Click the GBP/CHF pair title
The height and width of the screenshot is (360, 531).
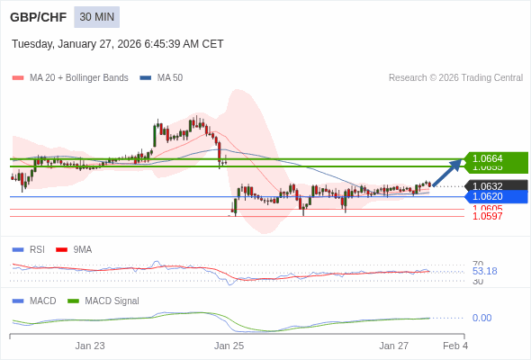[x=37, y=17]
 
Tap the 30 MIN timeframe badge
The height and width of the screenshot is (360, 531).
[x=96, y=17]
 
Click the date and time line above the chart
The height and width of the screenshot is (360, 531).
[x=117, y=44]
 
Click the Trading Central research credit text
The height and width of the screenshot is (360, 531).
[x=455, y=77]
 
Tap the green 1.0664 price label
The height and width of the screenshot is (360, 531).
[x=488, y=158]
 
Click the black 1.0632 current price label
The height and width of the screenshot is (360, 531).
[x=488, y=186]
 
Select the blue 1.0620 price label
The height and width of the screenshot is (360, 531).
[x=488, y=196]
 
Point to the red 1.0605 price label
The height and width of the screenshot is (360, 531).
[x=487, y=209]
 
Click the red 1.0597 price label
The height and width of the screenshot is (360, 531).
[x=487, y=216]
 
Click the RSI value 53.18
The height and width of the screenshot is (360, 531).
[x=484, y=271]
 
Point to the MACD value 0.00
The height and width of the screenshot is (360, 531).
[x=481, y=318]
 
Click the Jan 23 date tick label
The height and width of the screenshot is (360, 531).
[x=90, y=346]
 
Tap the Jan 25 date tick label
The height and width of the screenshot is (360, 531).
[x=229, y=346]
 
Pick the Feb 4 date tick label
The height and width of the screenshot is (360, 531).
[x=454, y=346]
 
